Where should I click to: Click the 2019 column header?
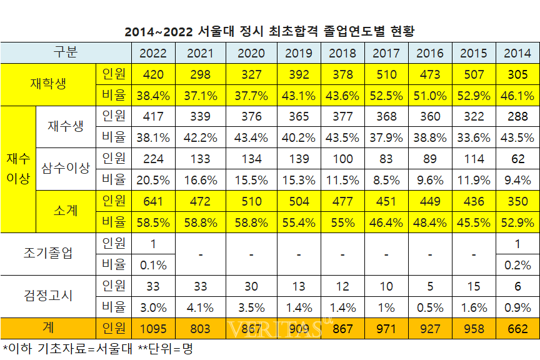coord(299,53)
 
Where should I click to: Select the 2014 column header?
coord(517,53)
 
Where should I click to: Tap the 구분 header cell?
coord(66,52)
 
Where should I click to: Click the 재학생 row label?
coord(48,84)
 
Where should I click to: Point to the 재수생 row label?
coord(66,127)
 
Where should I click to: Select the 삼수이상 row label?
coord(66,169)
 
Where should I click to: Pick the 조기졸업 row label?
coord(48,253)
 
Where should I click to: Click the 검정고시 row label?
coord(48,296)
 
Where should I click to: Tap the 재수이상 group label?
coord(18,169)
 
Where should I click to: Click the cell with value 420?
coord(153,74)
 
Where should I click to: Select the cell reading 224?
coord(153,159)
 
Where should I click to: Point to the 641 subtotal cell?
coord(153,201)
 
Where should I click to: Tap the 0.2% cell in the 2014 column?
coord(517,264)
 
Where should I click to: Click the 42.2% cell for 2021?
coord(201,137)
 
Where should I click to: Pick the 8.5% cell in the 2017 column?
coord(386,180)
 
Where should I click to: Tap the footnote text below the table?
coord(97,349)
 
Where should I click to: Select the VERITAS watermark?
coord(275,328)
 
